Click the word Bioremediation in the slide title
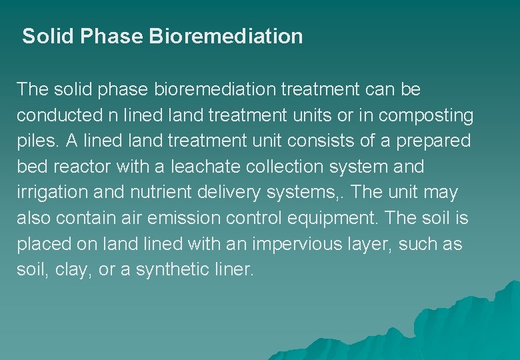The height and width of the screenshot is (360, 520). pyautogui.click(x=226, y=36)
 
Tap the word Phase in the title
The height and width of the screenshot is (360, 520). pyautogui.click(x=112, y=36)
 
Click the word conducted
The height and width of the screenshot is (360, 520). pyautogui.click(x=58, y=115)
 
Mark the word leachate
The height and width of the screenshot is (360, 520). pyautogui.click(x=202, y=167)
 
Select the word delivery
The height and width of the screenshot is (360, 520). pyautogui.click(x=229, y=193)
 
